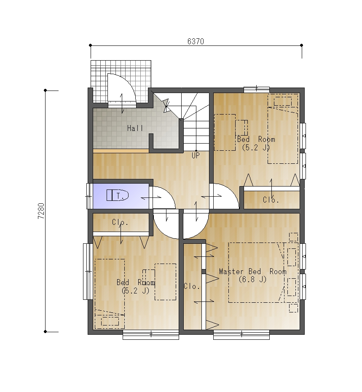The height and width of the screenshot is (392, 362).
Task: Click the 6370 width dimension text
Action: point(196,41)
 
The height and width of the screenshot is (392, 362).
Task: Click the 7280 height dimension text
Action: point(41,211)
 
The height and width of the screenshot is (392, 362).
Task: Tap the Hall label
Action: point(135,128)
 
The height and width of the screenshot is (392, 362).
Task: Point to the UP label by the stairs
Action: point(196,155)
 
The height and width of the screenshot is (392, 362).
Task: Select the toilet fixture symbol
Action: point(118,195)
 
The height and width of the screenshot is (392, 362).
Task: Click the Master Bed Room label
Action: point(253,272)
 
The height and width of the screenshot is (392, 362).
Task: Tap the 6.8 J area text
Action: point(253,279)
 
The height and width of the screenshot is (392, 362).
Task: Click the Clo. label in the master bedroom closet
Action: point(192,286)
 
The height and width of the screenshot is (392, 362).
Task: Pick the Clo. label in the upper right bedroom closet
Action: point(271,200)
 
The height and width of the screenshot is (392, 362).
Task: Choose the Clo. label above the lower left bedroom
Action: point(120,222)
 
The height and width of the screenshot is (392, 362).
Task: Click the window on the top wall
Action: point(257,89)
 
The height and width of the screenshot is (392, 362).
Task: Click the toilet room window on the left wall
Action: point(89,196)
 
